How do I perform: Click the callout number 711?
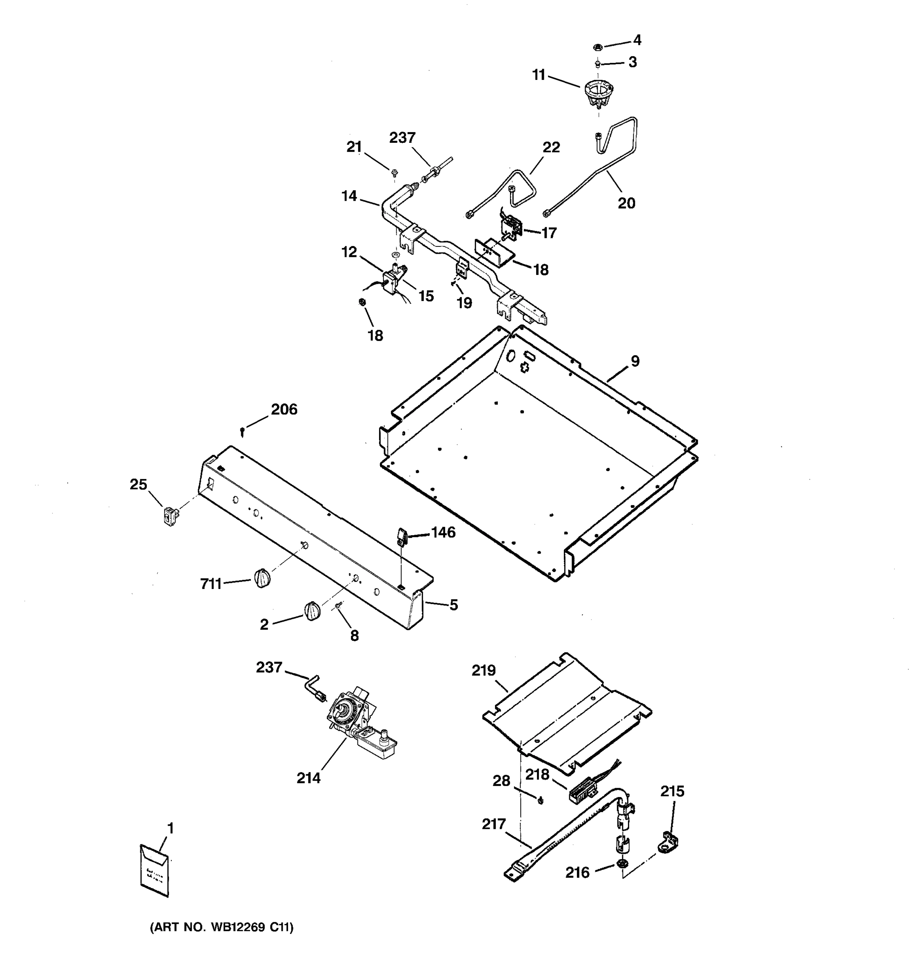211,584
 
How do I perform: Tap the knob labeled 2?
312,611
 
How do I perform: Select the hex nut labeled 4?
596,47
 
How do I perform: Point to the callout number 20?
626,203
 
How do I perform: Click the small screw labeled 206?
242,432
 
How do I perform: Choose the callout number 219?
483,670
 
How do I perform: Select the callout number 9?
635,361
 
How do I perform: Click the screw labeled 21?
395,173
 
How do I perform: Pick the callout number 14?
349,196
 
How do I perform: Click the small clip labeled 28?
541,800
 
